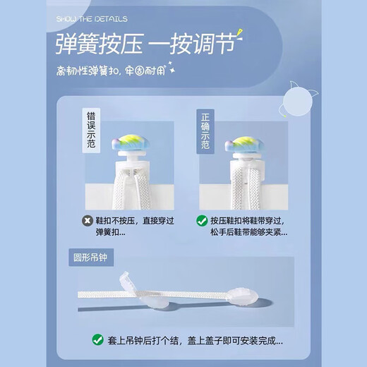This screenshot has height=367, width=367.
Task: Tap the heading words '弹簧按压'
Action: [102, 46]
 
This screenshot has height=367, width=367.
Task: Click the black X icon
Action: [86, 219]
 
